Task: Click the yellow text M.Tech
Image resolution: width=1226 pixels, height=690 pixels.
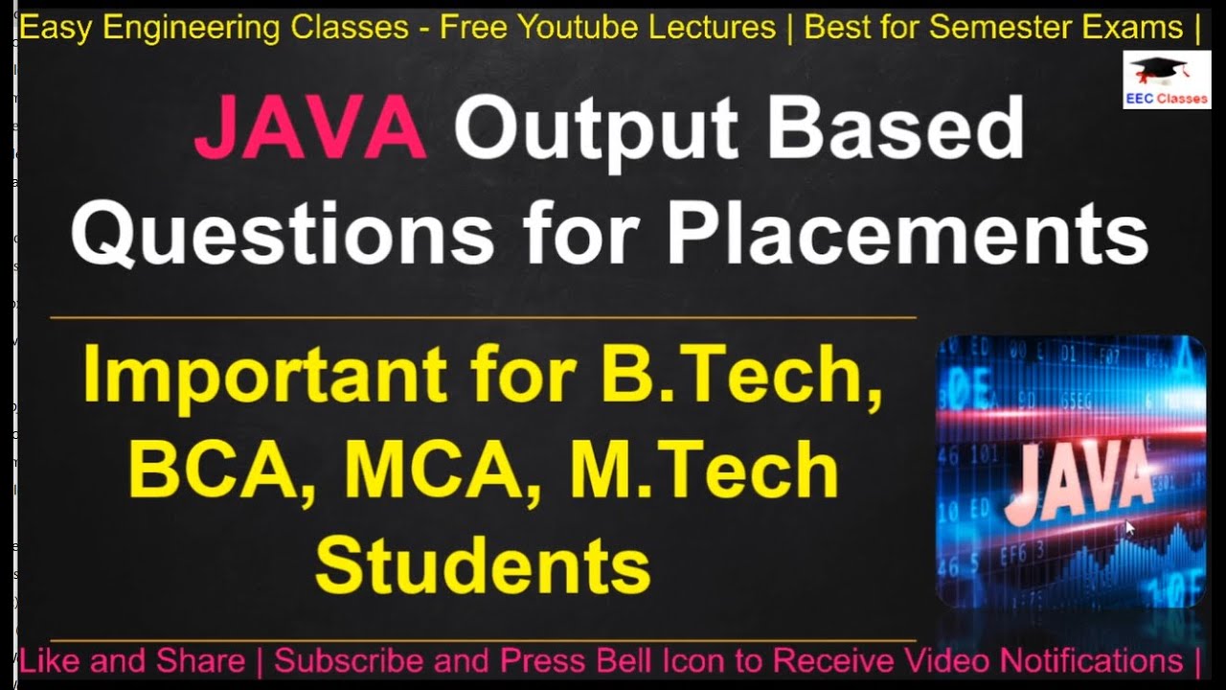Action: [x=704, y=470]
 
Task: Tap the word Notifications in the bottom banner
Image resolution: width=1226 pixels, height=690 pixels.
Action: [x=1091, y=661]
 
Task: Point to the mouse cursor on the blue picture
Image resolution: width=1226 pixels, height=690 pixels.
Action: [x=1130, y=526]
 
